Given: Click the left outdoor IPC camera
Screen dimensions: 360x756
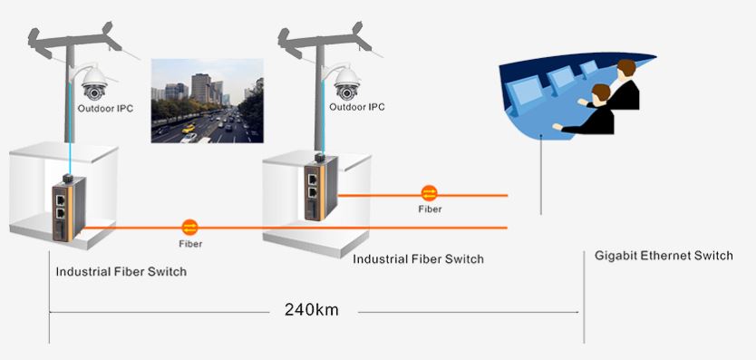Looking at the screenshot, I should tap(94, 84).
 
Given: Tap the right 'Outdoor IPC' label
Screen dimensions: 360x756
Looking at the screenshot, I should tap(356, 107).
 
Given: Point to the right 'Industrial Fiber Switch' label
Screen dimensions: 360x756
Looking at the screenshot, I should tap(418, 259).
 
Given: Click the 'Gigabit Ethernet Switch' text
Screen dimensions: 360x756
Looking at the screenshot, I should tap(664, 256).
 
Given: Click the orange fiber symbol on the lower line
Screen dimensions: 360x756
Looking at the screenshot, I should tap(189, 227).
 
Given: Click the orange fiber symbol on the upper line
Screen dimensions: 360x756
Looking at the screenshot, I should tap(430, 193).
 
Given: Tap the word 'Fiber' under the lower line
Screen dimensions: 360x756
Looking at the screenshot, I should tap(189, 244).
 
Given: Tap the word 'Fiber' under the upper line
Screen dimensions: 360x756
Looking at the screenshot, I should tap(431, 209).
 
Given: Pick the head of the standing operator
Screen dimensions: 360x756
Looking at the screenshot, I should tap(625, 67).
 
